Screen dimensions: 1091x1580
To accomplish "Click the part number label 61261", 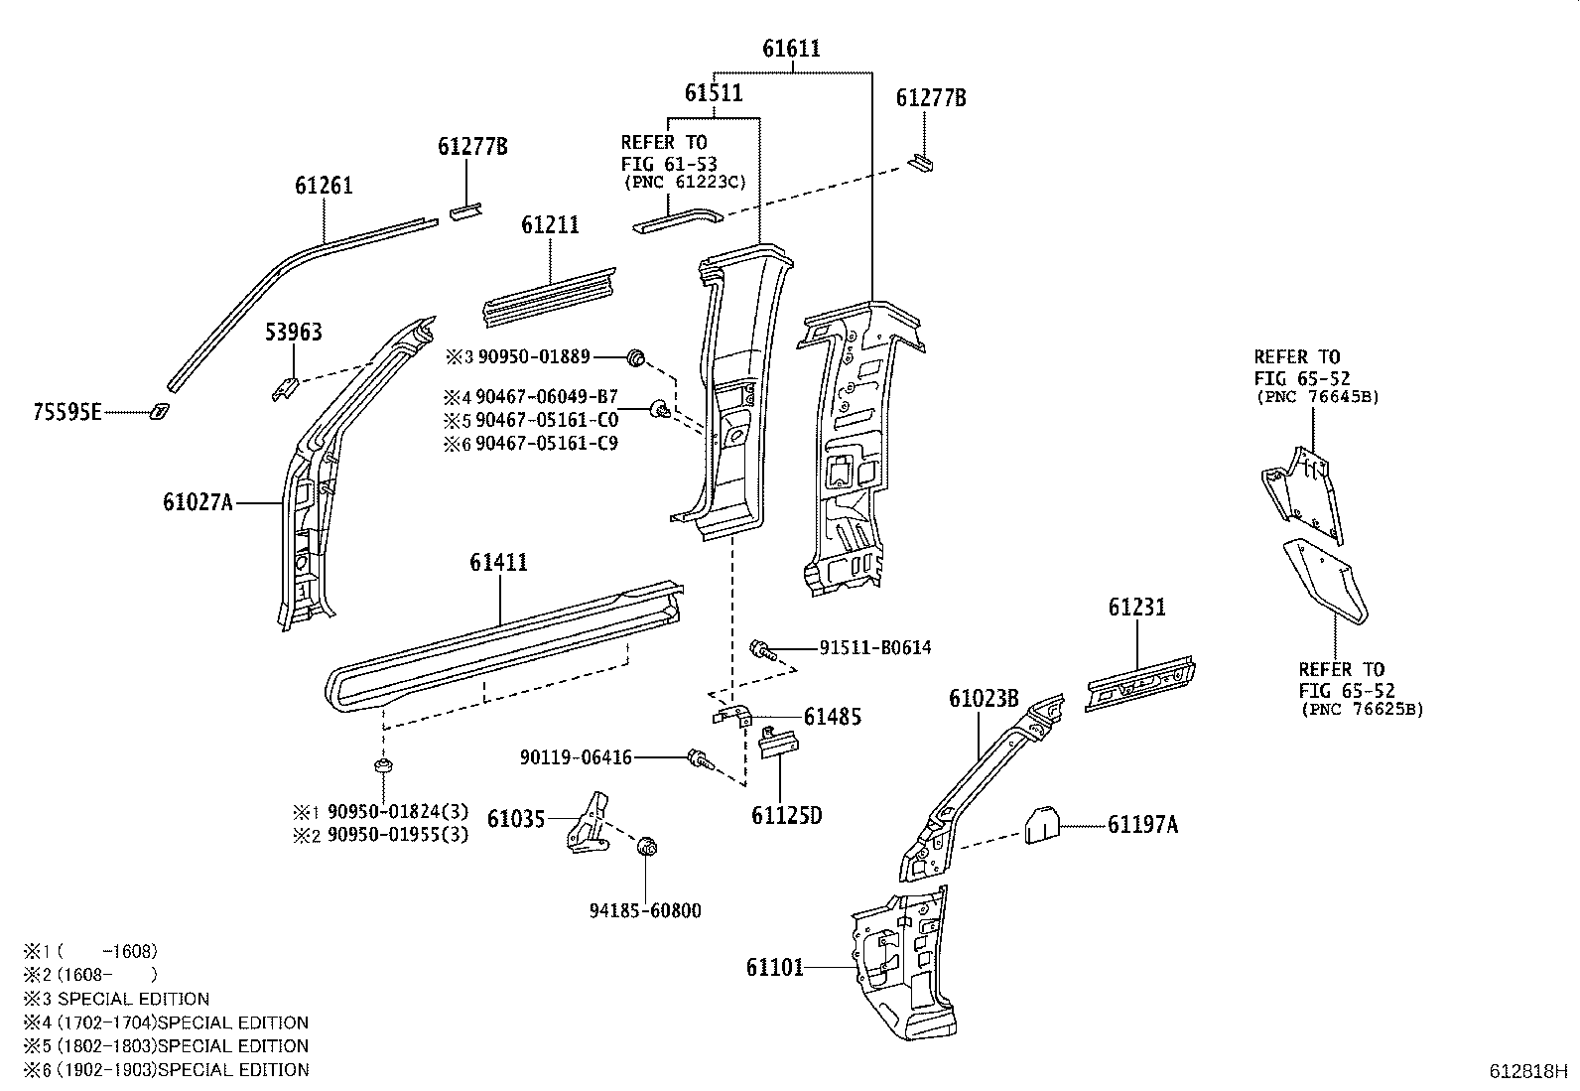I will (324, 186).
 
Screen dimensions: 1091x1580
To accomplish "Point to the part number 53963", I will (293, 333).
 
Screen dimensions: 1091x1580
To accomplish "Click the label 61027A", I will (197, 502).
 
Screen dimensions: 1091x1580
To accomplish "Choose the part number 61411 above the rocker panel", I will (498, 563).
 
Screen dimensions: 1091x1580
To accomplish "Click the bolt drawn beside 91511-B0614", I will (761, 649).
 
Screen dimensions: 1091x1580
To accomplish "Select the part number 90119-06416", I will (576, 757).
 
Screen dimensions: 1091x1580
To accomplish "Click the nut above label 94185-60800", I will (646, 847).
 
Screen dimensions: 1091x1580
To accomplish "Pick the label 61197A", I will (1142, 824).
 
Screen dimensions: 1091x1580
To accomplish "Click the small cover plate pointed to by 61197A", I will (1041, 825).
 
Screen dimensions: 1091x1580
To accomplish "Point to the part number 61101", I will (775, 966).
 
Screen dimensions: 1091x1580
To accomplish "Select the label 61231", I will (1137, 607).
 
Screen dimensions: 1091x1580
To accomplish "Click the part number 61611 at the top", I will (791, 49).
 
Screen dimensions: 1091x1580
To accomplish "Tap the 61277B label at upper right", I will (931, 97).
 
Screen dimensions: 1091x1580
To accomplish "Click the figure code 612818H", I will (1527, 1071).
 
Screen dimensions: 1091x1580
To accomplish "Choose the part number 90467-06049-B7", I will (547, 396).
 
